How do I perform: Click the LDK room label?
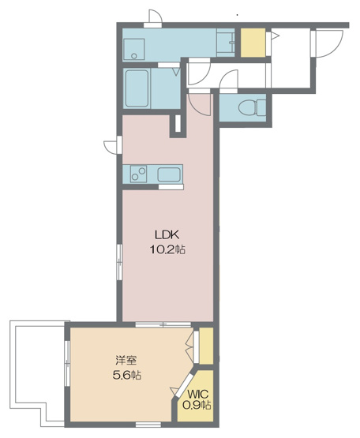click(167, 234)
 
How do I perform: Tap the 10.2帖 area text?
click(167, 249)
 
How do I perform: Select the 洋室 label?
click(126, 360)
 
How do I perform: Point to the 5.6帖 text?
click(126, 375)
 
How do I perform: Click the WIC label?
click(198, 395)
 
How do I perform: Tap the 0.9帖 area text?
click(197, 405)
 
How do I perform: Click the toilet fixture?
click(252, 107)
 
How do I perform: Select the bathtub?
click(137, 88)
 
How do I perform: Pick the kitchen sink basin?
click(168, 174)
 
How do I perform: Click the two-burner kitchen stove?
click(138, 174)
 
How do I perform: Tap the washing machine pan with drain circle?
click(134, 49)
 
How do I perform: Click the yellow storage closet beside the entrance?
click(253, 43)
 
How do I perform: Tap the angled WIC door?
click(184, 384)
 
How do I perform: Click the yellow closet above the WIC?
click(206, 346)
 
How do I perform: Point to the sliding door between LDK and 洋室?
click(163, 324)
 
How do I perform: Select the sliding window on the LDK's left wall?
click(120, 262)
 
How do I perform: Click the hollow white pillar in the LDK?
click(178, 123)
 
